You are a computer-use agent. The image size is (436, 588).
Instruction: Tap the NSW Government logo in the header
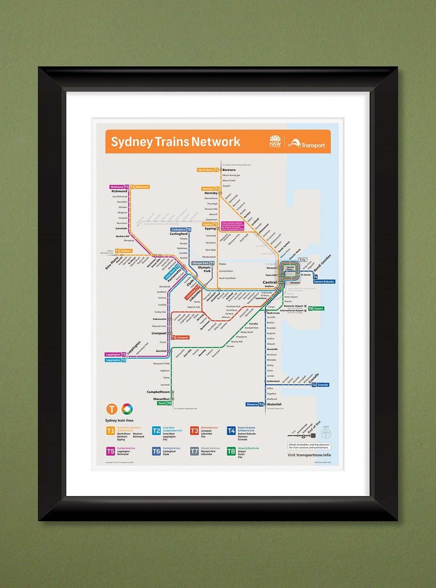click(x=275, y=141)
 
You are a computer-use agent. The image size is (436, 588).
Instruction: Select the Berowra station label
click(x=229, y=170)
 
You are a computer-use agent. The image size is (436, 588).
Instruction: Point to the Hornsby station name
click(x=211, y=193)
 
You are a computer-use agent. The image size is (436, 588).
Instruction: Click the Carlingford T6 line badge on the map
click(x=181, y=229)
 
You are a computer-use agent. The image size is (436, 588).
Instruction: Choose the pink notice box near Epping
click(x=233, y=226)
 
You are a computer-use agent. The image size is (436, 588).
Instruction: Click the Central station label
click(x=270, y=282)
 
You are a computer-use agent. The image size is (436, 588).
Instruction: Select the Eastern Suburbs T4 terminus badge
click(x=324, y=279)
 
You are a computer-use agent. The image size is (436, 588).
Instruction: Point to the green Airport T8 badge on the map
click(x=316, y=309)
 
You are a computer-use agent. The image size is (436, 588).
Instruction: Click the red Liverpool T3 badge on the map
click(x=180, y=338)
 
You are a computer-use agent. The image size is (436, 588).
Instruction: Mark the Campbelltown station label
click(x=158, y=392)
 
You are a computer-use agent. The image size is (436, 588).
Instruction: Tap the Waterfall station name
click(x=274, y=404)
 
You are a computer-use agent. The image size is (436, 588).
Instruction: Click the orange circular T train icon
click(x=111, y=409)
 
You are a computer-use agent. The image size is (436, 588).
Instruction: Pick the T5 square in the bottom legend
click(x=110, y=451)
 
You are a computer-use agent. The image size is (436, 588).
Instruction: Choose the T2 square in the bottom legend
click(x=156, y=431)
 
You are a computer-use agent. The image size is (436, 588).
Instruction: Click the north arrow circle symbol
click(x=326, y=434)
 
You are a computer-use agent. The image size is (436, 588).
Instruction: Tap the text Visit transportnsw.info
click(x=309, y=455)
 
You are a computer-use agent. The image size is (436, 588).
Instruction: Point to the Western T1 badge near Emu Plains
click(x=124, y=251)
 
